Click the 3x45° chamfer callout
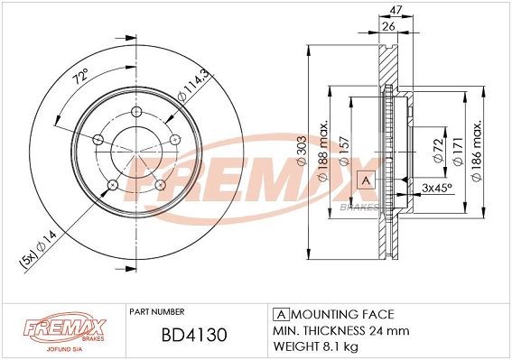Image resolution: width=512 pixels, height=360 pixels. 437,188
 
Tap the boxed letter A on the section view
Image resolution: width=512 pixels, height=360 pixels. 366,179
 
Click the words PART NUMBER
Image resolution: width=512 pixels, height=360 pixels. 158,311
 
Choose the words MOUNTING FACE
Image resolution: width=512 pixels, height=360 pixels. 339,314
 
